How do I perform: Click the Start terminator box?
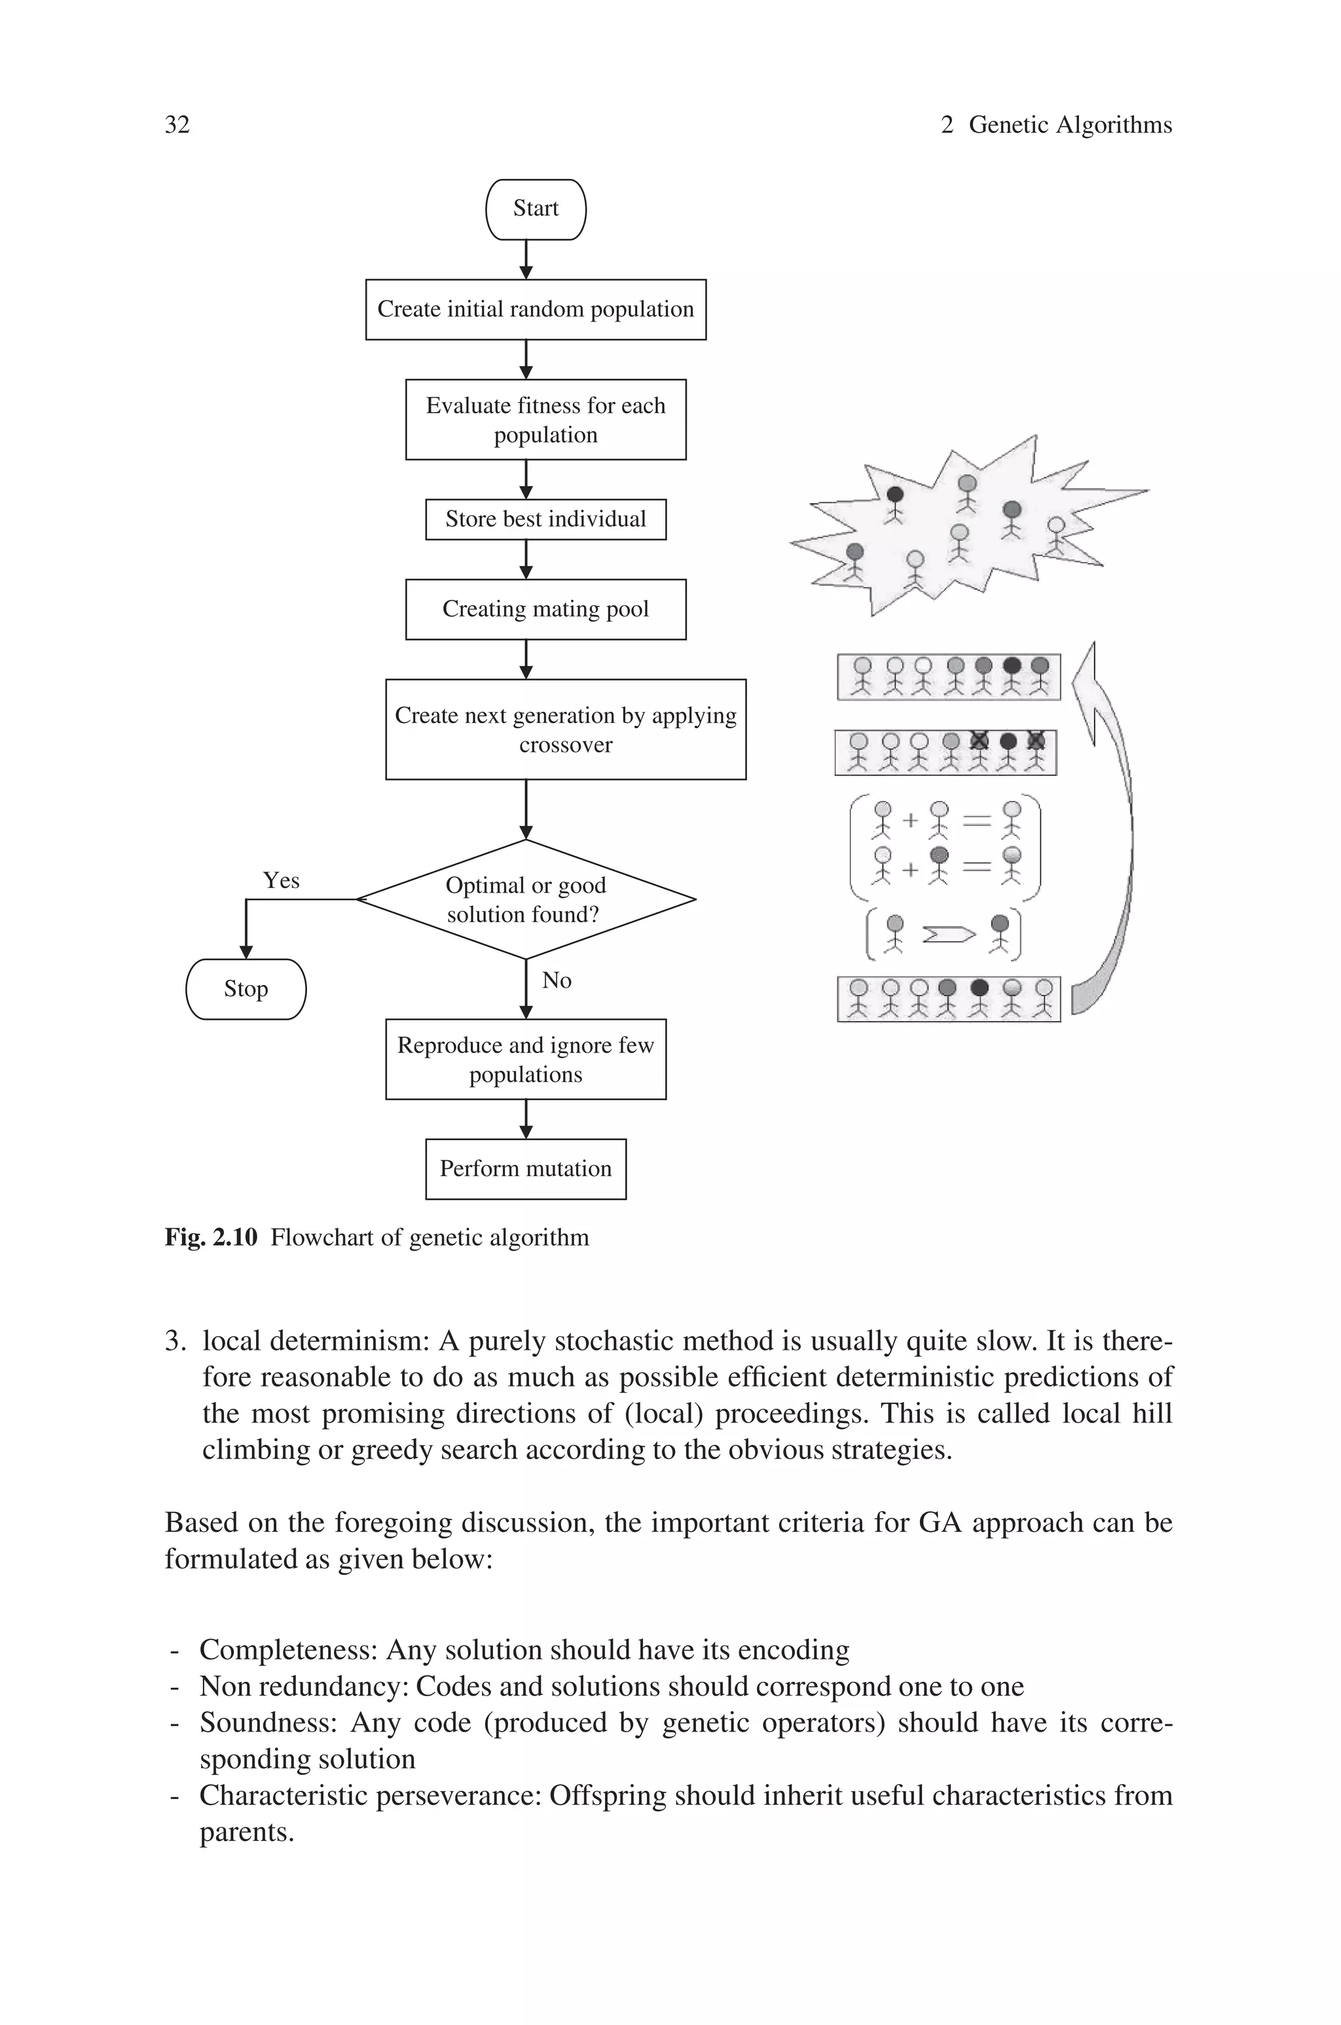[x=536, y=210]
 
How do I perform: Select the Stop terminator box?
[x=246, y=990]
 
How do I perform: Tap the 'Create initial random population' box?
[x=536, y=310]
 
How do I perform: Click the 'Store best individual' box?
[x=545, y=519]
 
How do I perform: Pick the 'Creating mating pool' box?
[x=545, y=610]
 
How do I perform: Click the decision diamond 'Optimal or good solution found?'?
[x=525, y=900]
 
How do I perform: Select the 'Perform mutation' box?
[x=525, y=1169]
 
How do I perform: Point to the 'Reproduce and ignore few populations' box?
[x=525, y=1060]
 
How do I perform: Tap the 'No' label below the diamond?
[x=556, y=981]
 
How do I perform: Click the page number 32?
[x=177, y=125]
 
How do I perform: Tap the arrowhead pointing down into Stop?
[x=246, y=952]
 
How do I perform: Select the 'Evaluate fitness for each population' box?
[x=545, y=420]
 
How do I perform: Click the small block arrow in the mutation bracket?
[x=948, y=935]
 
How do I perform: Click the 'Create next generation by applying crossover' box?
[x=565, y=730]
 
